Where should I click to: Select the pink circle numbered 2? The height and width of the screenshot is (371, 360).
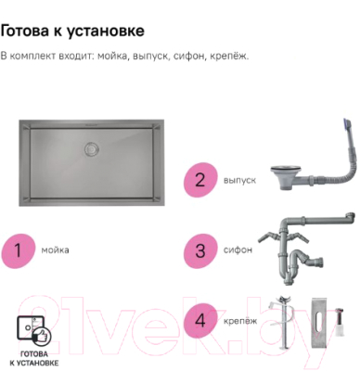[198, 179]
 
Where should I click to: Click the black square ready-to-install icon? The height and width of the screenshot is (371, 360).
[34, 331]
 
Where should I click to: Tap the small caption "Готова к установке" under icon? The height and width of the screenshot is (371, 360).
[34, 360]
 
